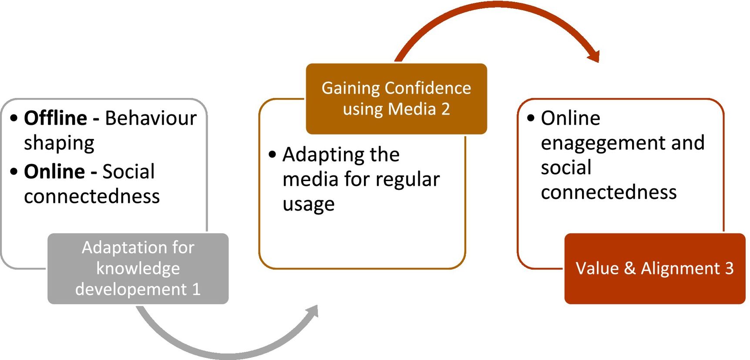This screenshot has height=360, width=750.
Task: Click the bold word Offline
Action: (x=55, y=118)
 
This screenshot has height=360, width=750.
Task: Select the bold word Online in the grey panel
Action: (x=54, y=172)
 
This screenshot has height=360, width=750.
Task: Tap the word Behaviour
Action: (x=151, y=118)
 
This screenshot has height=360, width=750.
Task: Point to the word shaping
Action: (x=59, y=144)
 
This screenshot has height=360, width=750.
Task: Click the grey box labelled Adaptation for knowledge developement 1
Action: (x=138, y=268)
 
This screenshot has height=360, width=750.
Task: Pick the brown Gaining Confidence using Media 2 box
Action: (x=396, y=98)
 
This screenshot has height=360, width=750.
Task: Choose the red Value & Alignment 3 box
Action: (x=654, y=268)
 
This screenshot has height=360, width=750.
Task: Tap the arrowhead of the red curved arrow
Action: (x=594, y=56)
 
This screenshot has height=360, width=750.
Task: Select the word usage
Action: (x=308, y=205)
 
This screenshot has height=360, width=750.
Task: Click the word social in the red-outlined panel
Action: (x=566, y=168)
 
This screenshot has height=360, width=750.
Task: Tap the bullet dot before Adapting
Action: (x=272, y=155)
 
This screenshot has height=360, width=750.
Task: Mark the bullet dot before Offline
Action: (x=14, y=118)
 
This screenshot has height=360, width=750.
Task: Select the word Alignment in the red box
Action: (x=680, y=268)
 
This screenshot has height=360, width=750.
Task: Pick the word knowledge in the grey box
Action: (x=138, y=268)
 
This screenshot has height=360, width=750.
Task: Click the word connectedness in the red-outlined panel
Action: (x=609, y=192)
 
